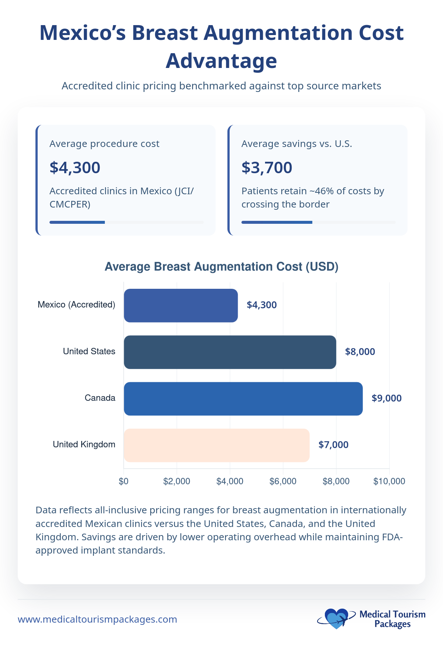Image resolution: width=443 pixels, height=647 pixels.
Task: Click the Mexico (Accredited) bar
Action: pos(181,305)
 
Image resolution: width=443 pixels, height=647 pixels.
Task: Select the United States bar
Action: pos(230,352)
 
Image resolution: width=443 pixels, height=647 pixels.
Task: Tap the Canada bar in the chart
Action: pos(243,398)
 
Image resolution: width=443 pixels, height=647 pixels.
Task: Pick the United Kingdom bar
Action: pos(216,445)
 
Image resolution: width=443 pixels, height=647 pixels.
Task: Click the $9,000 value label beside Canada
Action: pos(387,398)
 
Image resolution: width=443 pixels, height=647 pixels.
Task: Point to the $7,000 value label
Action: pos(333,445)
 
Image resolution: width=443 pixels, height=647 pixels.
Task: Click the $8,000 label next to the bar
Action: pos(360,352)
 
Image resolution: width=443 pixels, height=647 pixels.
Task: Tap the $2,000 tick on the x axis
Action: pos(177,481)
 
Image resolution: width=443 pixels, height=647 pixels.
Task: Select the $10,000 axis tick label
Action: pos(389,481)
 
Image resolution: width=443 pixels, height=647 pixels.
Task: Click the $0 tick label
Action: pos(124,481)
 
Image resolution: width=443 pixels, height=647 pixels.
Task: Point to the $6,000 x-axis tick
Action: pos(283,481)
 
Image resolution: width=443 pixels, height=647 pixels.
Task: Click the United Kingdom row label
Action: pos(84,444)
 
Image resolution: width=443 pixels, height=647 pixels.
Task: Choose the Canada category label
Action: pos(100,398)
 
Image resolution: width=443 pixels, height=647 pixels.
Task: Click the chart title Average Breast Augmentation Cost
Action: pos(221,266)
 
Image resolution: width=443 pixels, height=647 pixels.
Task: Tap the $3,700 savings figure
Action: pos(267,168)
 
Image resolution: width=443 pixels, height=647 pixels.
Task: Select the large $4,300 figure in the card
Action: pos(75,168)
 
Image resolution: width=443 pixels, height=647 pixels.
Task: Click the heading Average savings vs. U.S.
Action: pos(296,144)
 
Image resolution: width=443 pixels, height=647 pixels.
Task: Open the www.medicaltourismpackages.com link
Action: pos(97,619)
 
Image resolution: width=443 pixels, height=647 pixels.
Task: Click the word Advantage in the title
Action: pos(221,61)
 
